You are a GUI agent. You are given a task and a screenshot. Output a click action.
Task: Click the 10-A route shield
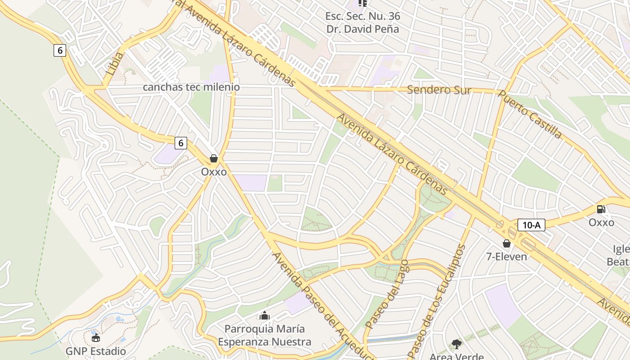(531, 225)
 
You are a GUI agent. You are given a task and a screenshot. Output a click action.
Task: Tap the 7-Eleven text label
(506, 256)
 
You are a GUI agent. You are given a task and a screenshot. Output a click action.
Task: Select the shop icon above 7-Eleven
(506, 243)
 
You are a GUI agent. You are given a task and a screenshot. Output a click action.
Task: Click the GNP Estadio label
(96, 351)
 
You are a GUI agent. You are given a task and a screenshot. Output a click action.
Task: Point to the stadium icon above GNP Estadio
(96, 337)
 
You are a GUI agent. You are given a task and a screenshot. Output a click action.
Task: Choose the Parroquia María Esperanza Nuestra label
(265, 335)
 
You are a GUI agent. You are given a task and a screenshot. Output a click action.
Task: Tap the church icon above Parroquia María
(265, 315)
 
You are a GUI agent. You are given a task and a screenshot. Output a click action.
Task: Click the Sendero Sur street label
(439, 90)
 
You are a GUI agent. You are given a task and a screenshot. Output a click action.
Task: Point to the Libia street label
(115, 63)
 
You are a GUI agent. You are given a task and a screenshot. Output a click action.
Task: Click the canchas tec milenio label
(191, 87)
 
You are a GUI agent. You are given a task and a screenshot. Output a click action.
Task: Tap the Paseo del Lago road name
(387, 294)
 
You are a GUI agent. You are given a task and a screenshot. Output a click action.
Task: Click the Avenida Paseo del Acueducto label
(322, 306)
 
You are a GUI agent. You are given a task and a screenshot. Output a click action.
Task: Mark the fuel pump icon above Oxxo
(601, 209)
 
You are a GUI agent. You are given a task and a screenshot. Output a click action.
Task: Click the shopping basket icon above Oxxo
(214, 158)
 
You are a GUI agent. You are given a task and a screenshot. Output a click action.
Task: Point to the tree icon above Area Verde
(457, 344)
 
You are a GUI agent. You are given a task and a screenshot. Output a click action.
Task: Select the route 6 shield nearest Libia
(60, 50)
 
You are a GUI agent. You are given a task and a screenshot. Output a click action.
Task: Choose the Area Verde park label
(457, 356)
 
